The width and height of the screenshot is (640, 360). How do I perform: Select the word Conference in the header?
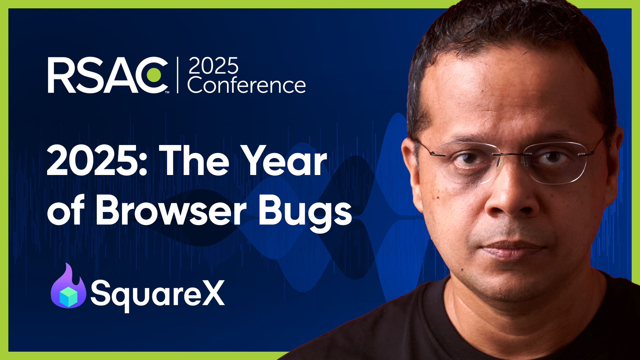coord(246,85)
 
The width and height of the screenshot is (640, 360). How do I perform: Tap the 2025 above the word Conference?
coord(213,66)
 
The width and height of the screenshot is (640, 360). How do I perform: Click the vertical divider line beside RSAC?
coord(178,75)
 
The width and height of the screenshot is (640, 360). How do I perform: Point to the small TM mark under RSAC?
coord(167,92)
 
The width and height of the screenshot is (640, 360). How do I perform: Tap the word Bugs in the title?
coord(305,213)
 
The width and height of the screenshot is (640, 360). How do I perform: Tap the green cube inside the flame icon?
coord(68,296)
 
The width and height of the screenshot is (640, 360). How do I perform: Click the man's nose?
coord(510,200)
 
